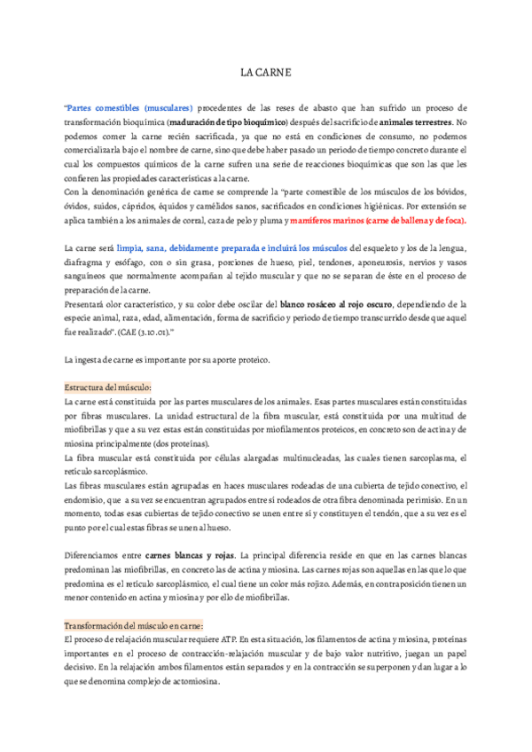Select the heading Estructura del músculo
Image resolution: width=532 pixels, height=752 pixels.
pyautogui.click(x=109, y=388)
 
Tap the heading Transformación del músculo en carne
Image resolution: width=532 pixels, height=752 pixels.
pyautogui.click(x=135, y=623)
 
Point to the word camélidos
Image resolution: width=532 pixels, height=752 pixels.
pyautogui.click(x=194, y=207)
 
